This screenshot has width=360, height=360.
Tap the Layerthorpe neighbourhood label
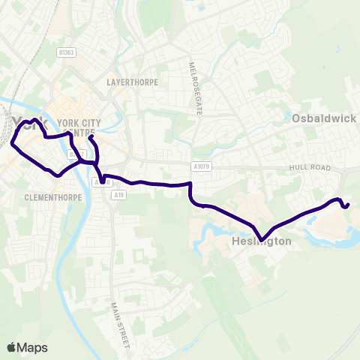[133, 82]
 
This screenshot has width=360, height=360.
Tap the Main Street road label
[121, 323]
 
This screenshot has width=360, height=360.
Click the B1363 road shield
[68, 53]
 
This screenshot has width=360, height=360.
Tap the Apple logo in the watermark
[11, 347]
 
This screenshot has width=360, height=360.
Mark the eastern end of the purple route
[349, 204]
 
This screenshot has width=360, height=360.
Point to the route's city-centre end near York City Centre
[89, 137]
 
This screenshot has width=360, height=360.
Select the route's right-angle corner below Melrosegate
[190, 183]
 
